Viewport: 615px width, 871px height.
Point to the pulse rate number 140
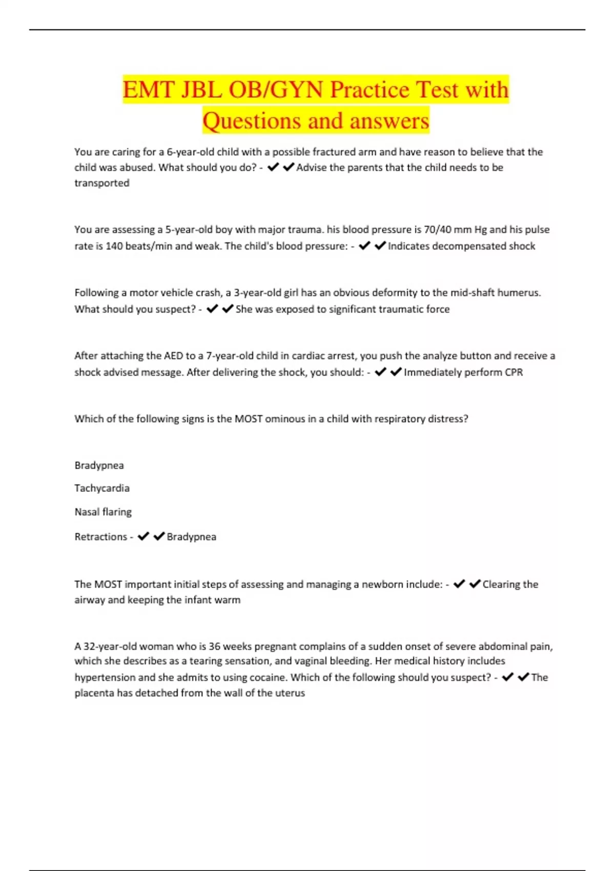click(x=114, y=246)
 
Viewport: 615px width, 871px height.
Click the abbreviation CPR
click(x=514, y=372)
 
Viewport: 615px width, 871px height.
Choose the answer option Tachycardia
click(x=102, y=488)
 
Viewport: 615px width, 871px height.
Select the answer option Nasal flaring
click(x=103, y=512)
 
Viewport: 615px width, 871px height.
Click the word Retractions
click(x=100, y=537)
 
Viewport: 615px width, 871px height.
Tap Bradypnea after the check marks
click(x=191, y=537)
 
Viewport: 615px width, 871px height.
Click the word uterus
click(x=290, y=693)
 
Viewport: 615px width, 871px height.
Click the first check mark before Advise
click(x=273, y=167)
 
